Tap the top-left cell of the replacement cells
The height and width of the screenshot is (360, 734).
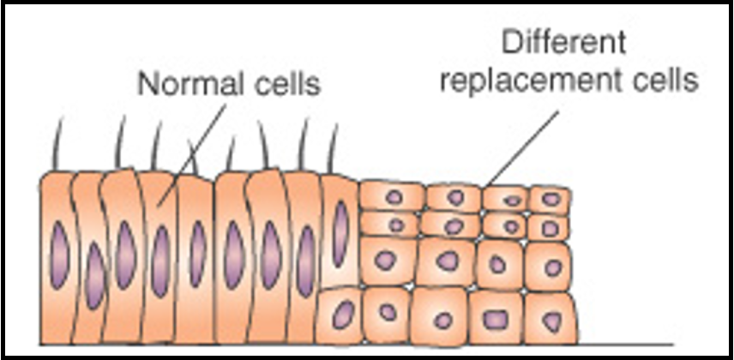(392, 196)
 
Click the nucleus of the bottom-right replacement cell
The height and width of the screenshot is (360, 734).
(550, 320)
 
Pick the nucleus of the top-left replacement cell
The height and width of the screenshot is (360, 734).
(393, 196)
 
